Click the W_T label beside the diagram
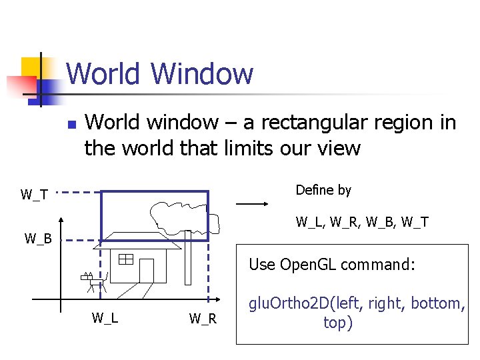pyautogui.click(x=34, y=195)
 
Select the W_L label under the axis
pyautogui.click(x=105, y=318)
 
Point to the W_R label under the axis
pyautogui.click(x=203, y=319)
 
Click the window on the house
pyautogui.click(x=126, y=259)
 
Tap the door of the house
pyautogui.click(x=147, y=270)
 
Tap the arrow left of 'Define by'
pyautogui.click(x=252, y=204)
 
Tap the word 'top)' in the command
pyautogui.click(x=338, y=323)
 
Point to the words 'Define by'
pyautogui.click(x=323, y=190)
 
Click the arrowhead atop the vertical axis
pyautogui.click(x=61, y=221)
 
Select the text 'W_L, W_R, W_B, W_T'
pyautogui.click(x=362, y=222)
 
